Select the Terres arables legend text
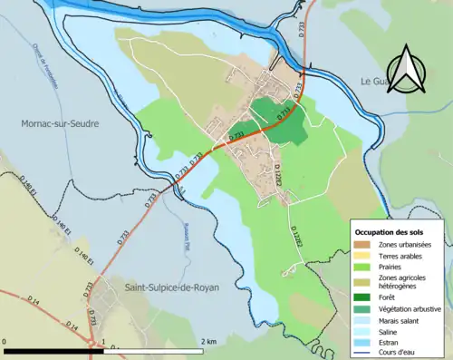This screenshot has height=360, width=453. [403, 257]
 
